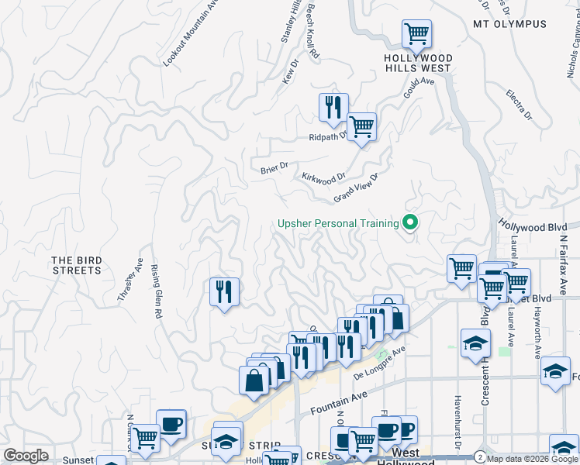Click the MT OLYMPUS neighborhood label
tap(509, 24)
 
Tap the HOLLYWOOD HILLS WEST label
tap(418, 63)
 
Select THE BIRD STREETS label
tap(77, 265)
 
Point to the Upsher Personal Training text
tap(339, 224)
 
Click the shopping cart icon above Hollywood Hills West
tap(416, 34)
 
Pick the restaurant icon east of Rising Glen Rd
tap(224, 291)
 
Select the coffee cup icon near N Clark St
tap(171, 423)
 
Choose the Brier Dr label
tap(274, 167)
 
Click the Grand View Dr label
tap(355, 188)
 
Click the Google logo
tap(26, 456)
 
